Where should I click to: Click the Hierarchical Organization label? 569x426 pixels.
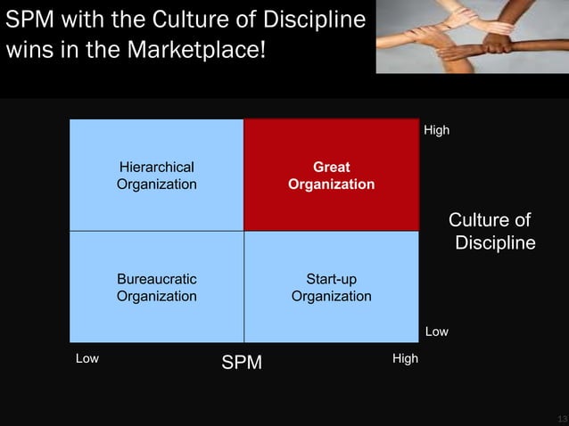(x=157, y=176)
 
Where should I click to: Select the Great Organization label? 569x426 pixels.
(x=331, y=176)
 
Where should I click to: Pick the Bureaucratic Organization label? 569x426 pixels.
(x=157, y=288)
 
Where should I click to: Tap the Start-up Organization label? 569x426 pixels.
(x=331, y=288)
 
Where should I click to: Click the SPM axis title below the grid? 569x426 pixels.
(x=242, y=362)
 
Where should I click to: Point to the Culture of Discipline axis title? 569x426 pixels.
(x=492, y=232)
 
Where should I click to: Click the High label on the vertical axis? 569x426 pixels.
(x=436, y=131)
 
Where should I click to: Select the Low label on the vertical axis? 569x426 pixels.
(x=436, y=332)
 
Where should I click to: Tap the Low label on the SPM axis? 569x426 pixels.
(x=87, y=358)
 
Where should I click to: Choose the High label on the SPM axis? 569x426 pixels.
(x=405, y=358)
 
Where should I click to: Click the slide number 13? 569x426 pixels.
(x=561, y=418)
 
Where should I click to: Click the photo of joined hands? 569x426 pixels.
(x=472, y=37)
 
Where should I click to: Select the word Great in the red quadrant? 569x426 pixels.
(x=331, y=167)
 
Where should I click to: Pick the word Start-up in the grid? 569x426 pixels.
(x=331, y=280)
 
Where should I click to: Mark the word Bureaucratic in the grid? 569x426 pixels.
(x=157, y=280)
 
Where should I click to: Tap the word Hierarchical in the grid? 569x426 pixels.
(x=157, y=167)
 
